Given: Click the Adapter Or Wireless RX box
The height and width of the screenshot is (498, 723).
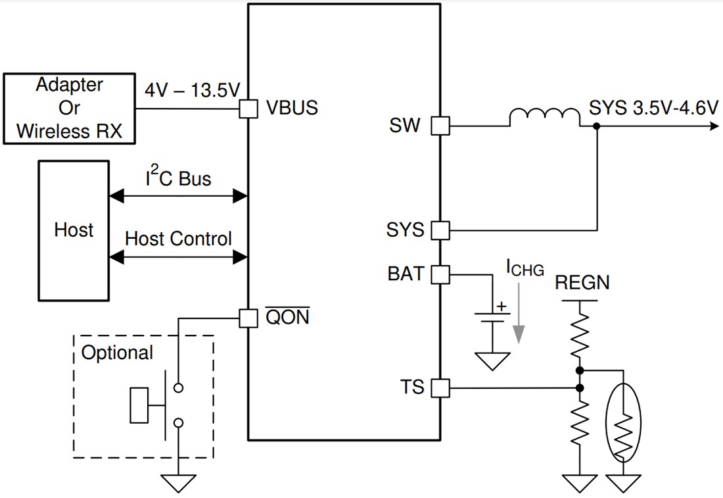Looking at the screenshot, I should coord(69,109).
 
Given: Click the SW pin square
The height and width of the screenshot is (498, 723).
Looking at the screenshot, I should coord(440,126).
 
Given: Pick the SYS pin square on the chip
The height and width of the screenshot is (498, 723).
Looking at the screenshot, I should coord(440,230).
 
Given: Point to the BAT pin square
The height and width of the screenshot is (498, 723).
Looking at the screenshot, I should coord(440,274).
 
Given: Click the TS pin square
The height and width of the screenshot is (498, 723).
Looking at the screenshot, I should coord(440,388).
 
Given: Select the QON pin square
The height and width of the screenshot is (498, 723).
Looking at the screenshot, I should coord(248,318).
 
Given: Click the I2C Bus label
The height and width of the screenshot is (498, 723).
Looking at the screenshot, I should coord(177,178).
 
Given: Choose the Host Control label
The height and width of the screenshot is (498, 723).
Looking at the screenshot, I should coord(178,238).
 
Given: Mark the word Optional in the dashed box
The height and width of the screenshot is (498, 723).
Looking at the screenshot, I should coord(117,353).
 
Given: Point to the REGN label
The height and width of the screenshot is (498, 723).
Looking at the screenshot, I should coord(582,284).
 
